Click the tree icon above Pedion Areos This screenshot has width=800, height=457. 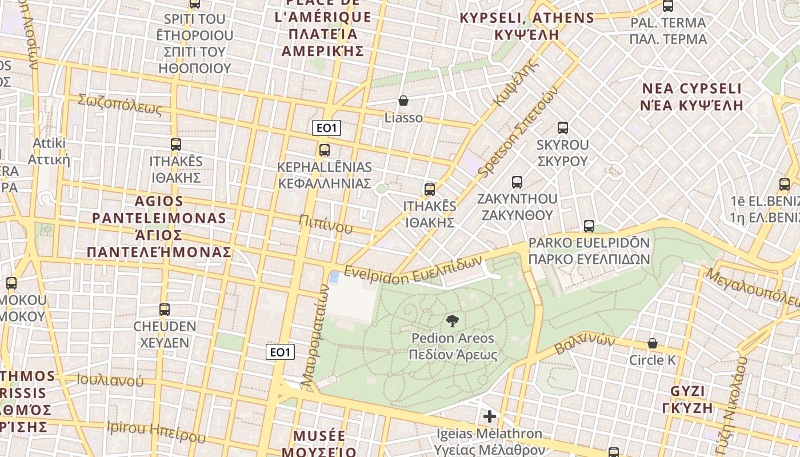click(x=452, y=320)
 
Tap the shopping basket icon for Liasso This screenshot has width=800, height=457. click(x=403, y=101)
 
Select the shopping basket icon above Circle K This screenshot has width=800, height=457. click(x=652, y=343)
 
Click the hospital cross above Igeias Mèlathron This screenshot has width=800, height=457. click(x=489, y=416)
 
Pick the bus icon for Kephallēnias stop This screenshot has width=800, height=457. click(x=324, y=150)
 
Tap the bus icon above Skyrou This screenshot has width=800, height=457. click(x=563, y=128)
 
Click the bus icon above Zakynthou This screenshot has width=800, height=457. click(x=517, y=182)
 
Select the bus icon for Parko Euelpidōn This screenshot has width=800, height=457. click(x=589, y=226)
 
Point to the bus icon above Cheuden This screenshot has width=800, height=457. click(x=165, y=310)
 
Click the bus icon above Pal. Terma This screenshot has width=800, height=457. click(x=667, y=6)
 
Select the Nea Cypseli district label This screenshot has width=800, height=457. click(x=692, y=97)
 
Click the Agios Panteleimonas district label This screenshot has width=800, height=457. click(x=159, y=227)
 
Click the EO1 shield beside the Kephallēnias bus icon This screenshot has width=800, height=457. click(x=326, y=128)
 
